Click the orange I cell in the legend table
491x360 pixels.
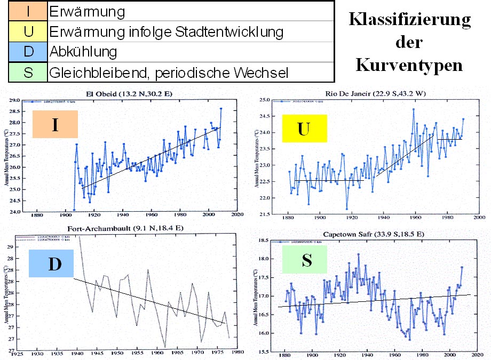28,11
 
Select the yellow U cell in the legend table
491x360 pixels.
28,31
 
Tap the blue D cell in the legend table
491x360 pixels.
28,52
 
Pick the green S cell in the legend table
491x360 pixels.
28,72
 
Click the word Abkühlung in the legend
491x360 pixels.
83,52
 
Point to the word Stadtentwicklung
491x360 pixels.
230,31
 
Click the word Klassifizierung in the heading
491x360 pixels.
410,20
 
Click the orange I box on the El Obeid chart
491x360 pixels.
55,124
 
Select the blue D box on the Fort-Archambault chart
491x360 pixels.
54,263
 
